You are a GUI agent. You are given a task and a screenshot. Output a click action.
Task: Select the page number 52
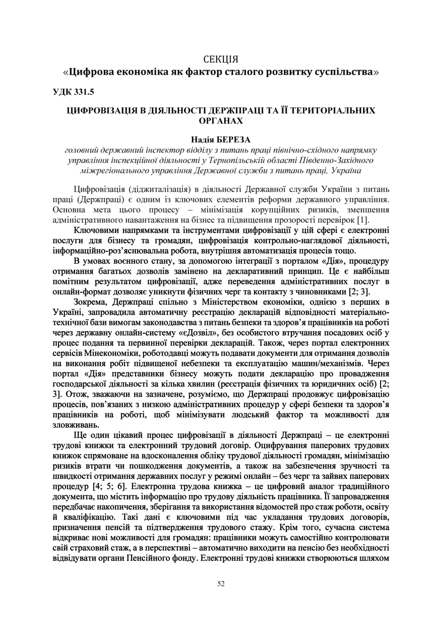[x=221, y=583]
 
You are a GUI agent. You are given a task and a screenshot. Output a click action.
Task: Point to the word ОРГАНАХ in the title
[x=221, y=120]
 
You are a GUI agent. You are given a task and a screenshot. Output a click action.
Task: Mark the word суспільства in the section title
[x=344, y=72]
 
